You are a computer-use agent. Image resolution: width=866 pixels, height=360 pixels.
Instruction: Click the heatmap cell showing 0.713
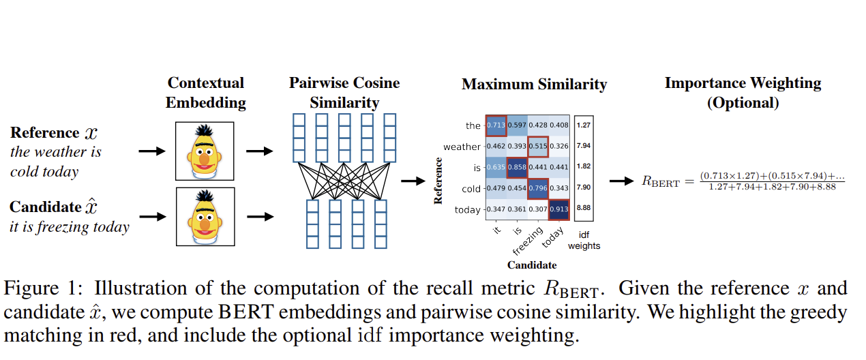coord(495,125)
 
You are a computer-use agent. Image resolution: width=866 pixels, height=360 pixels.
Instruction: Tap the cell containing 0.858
coord(516,168)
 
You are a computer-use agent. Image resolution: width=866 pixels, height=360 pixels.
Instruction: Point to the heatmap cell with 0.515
coord(537,147)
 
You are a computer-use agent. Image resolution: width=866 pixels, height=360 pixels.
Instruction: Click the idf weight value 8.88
coord(583,209)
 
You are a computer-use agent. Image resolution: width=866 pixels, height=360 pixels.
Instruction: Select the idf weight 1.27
coord(583,125)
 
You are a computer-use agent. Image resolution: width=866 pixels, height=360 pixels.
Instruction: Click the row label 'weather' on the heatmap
coord(462,147)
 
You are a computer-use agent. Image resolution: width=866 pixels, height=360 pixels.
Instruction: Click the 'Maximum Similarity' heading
coord(534,85)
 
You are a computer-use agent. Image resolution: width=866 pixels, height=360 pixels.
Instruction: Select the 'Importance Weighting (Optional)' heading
coord(743,93)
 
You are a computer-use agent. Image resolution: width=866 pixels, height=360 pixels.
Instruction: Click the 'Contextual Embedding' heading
coord(205,93)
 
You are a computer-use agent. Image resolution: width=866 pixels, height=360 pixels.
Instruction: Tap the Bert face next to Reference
coord(205,151)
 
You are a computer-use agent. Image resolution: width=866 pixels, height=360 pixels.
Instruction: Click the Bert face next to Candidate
coord(205,217)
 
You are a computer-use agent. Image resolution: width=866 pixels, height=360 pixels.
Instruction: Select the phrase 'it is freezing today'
coord(70,226)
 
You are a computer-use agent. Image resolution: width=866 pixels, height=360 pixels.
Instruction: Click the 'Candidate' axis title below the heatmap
coord(532,265)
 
